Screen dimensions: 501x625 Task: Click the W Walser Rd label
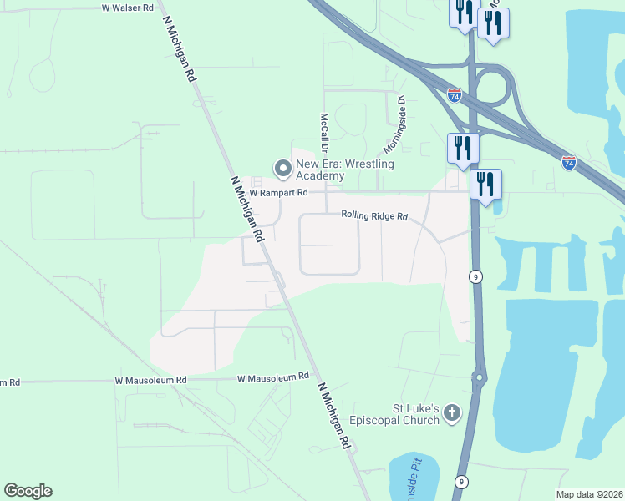pos(128,8)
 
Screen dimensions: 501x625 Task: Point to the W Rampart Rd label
pos(279,193)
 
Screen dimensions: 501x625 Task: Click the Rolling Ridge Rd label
pos(373,216)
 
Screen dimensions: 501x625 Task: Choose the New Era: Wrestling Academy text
pos(343,170)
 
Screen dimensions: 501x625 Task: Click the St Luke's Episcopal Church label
pos(416,414)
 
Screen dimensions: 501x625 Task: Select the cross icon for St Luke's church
pos(452,412)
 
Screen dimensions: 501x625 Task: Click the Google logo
pos(28,491)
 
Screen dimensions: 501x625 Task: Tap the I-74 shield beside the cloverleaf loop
pos(454,95)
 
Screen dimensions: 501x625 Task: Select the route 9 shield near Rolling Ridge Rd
pos(475,276)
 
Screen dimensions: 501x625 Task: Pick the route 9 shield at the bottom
pos(460,482)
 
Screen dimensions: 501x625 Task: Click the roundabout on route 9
pos(480,377)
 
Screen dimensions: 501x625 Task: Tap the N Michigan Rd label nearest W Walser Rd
pos(180,52)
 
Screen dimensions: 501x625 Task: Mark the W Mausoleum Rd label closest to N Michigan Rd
pos(273,378)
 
